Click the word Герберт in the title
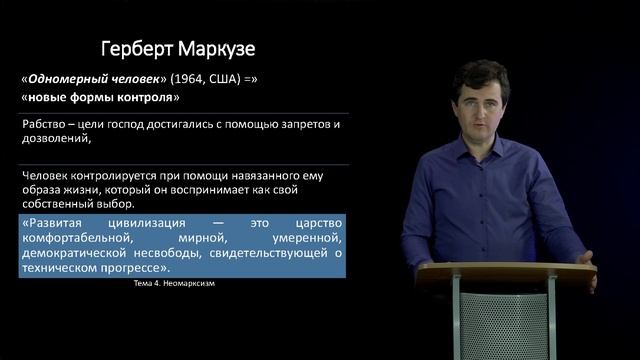pyautogui.click(x=139, y=49)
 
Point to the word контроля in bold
pyautogui.click(x=147, y=98)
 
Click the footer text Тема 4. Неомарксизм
pyautogui.click(x=174, y=283)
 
